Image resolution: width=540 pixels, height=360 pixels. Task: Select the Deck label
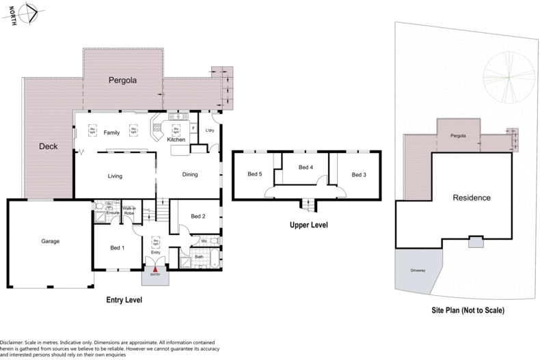point(48,146)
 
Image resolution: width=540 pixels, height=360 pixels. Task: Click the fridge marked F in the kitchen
point(193,128)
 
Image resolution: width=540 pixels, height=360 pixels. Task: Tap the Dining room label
point(190,175)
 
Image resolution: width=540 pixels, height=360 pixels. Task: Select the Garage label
point(51,241)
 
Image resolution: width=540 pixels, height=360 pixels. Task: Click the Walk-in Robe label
point(129,211)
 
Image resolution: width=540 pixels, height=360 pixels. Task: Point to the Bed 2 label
point(198,217)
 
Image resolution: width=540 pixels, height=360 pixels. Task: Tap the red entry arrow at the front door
point(156,270)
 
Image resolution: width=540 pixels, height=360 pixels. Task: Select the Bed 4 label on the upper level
point(306,167)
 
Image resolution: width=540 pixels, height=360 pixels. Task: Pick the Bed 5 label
point(254,175)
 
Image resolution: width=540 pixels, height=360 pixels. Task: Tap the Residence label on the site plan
point(471,198)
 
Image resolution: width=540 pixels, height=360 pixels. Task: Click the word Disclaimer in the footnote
point(14,342)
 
